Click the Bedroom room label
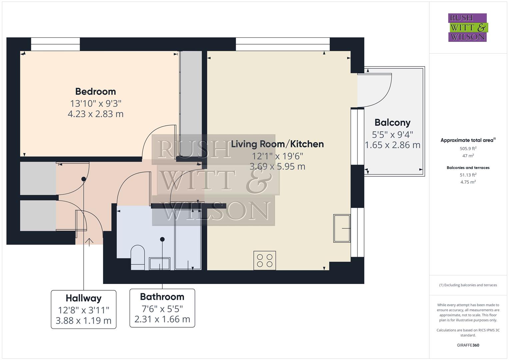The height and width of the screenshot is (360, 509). (95, 91)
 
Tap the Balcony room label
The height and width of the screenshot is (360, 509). (392, 123)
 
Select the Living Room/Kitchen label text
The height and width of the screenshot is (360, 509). (277, 144)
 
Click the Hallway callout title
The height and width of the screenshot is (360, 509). (83, 298)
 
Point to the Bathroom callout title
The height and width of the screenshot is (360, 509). (162, 297)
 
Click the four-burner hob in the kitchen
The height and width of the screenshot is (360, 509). (265, 260)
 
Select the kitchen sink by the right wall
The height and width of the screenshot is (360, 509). (342, 228)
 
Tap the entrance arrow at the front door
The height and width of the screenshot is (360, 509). (89, 242)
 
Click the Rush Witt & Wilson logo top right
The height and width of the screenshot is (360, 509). (468, 27)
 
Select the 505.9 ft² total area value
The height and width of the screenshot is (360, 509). (468, 149)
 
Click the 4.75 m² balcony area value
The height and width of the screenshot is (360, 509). (468, 182)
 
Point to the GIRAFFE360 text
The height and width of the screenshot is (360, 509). (468, 345)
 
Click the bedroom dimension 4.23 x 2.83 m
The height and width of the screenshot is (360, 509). (95, 114)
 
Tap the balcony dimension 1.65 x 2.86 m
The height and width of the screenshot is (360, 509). (392, 145)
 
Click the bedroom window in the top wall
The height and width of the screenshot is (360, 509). (55, 44)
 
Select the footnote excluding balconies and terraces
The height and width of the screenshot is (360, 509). (468, 285)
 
